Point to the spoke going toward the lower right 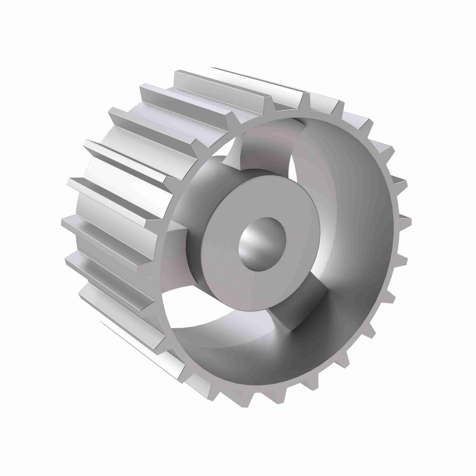[x=301, y=309]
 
